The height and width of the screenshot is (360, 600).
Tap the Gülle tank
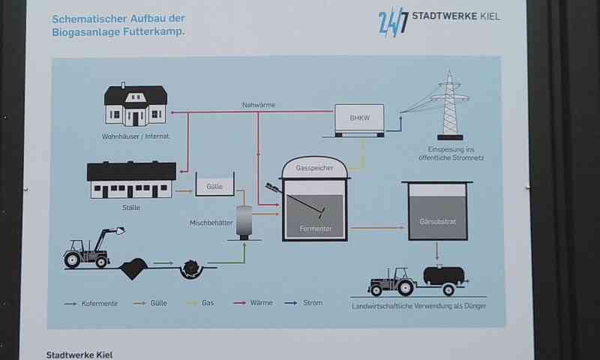tap(214, 184)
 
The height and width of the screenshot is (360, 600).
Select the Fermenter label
tap(315, 227)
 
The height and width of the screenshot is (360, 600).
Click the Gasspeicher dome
tap(315, 167)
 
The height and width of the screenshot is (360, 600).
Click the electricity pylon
tap(450, 105)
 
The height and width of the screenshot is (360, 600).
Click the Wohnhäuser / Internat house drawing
tap(136, 105)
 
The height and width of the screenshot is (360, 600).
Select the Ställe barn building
tap(132, 180)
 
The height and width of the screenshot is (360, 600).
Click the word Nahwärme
tap(258, 105)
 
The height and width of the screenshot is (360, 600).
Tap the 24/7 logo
tap(394, 21)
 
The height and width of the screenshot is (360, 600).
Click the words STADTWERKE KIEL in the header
tap(457, 16)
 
